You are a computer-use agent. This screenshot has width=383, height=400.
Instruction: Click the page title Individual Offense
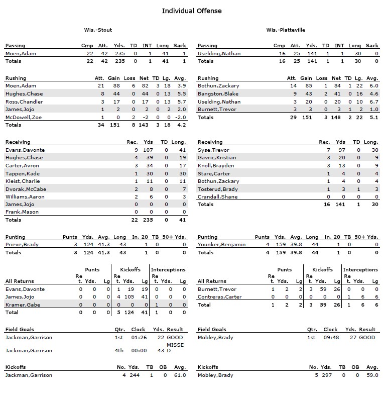[x=191, y=11]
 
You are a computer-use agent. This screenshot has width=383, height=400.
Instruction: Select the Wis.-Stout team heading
[x=95, y=30]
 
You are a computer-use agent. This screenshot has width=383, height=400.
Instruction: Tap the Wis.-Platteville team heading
[x=286, y=30]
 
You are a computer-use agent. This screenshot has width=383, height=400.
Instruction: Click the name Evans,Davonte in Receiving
[x=25, y=150]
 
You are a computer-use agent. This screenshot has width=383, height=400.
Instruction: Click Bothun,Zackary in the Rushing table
[x=218, y=86]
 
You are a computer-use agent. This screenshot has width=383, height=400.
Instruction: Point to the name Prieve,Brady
[x=22, y=245]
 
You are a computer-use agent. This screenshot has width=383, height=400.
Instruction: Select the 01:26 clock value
[x=138, y=338]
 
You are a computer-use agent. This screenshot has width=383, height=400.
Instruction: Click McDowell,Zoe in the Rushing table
[x=23, y=117]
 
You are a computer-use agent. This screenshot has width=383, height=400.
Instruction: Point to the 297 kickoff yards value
[x=327, y=375]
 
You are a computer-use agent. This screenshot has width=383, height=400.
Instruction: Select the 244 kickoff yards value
[x=135, y=375]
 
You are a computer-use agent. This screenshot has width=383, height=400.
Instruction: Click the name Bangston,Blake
[x=217, y=94]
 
